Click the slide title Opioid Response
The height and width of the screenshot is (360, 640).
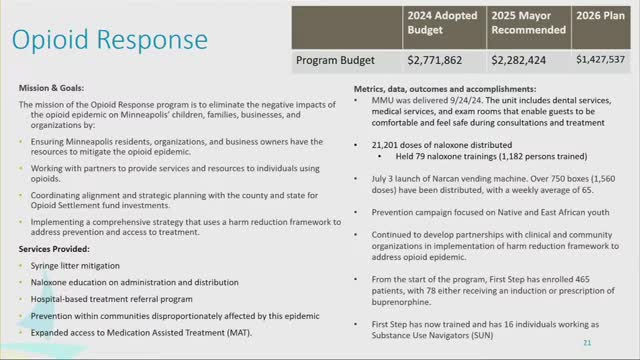(101, 40)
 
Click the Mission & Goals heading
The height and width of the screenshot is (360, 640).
(52, 88)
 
